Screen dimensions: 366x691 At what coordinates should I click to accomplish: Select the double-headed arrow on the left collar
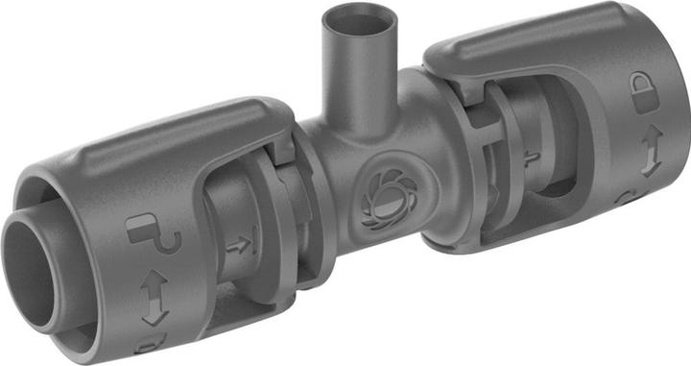coord(155,298)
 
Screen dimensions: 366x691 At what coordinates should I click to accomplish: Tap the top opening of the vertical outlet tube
coord(359,20)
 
